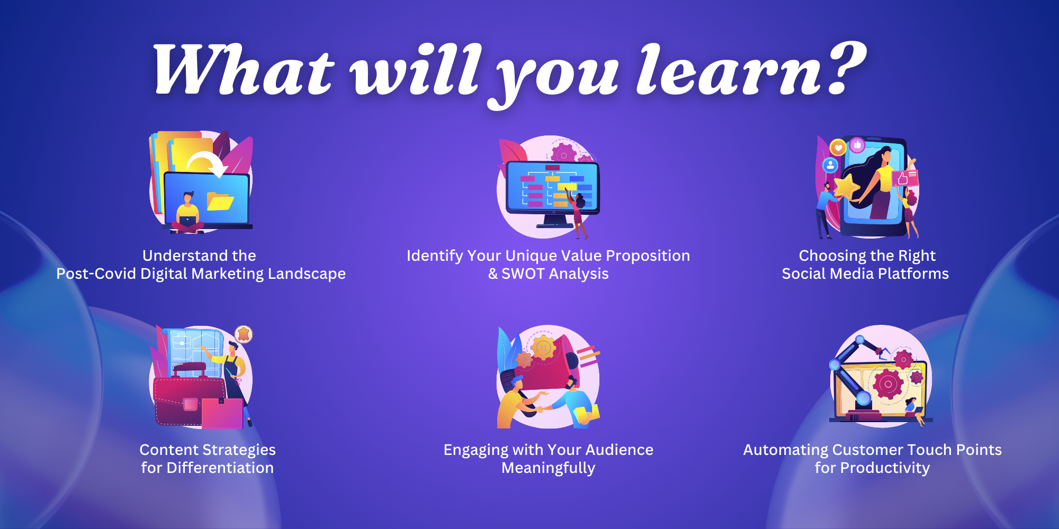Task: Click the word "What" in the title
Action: click(x=244, y=70)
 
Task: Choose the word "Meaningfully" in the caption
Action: click(x=549, y=468)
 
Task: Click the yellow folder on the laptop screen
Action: click(x=220, y=202)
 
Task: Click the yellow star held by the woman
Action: click(x=846, y=186)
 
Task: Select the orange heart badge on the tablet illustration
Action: click(x=838, y=148)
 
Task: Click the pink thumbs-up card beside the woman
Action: click(x=905, y=178)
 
